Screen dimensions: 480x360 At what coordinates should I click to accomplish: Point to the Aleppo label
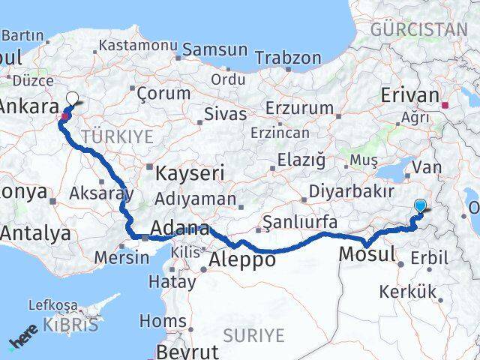242,259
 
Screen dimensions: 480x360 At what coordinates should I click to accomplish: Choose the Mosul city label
367,253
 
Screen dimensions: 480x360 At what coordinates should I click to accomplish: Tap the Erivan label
409,96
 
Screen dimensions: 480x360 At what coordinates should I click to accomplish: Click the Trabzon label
288,58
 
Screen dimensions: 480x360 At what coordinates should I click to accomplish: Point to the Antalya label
35,233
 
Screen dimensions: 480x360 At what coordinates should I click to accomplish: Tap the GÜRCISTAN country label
419,29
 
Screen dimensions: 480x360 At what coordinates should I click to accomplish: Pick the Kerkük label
407,291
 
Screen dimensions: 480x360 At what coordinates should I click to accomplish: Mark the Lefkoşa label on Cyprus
52,305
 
